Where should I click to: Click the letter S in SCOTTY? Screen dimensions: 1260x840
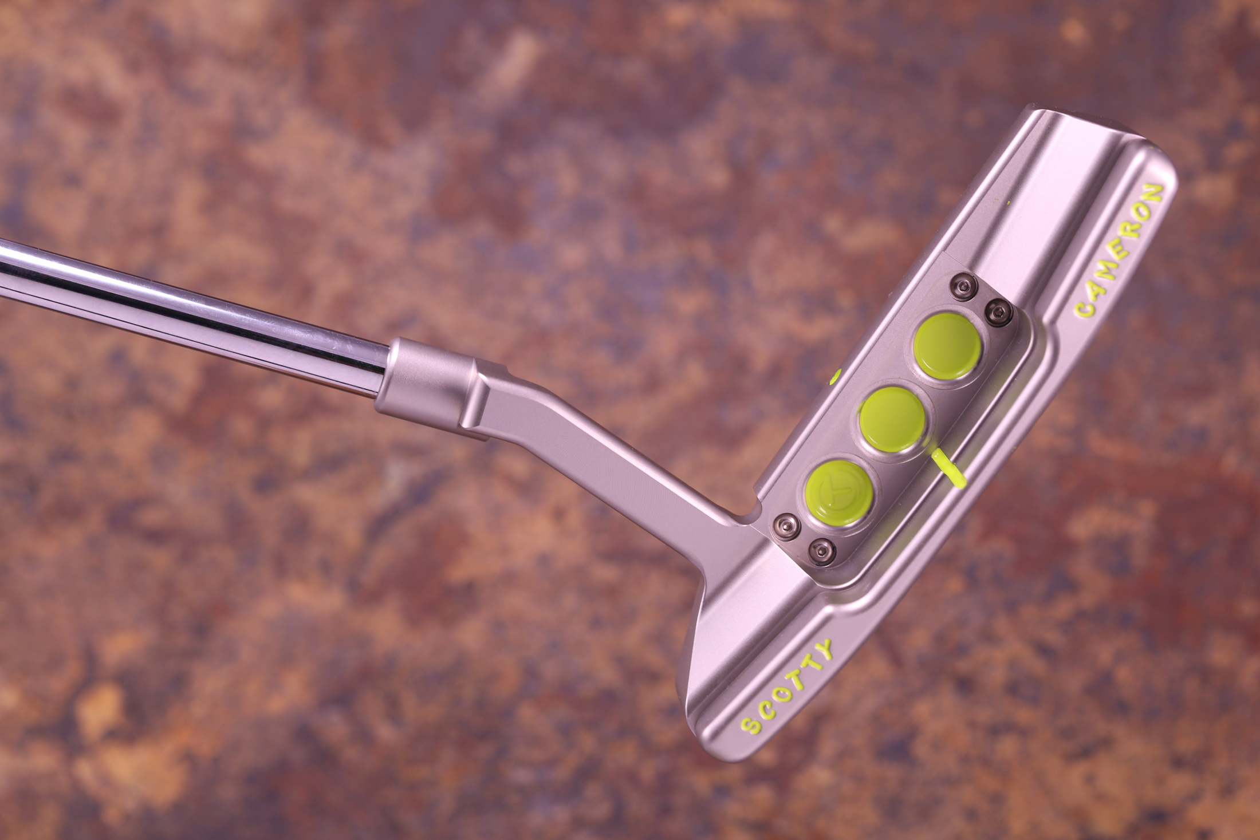(747, 725)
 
